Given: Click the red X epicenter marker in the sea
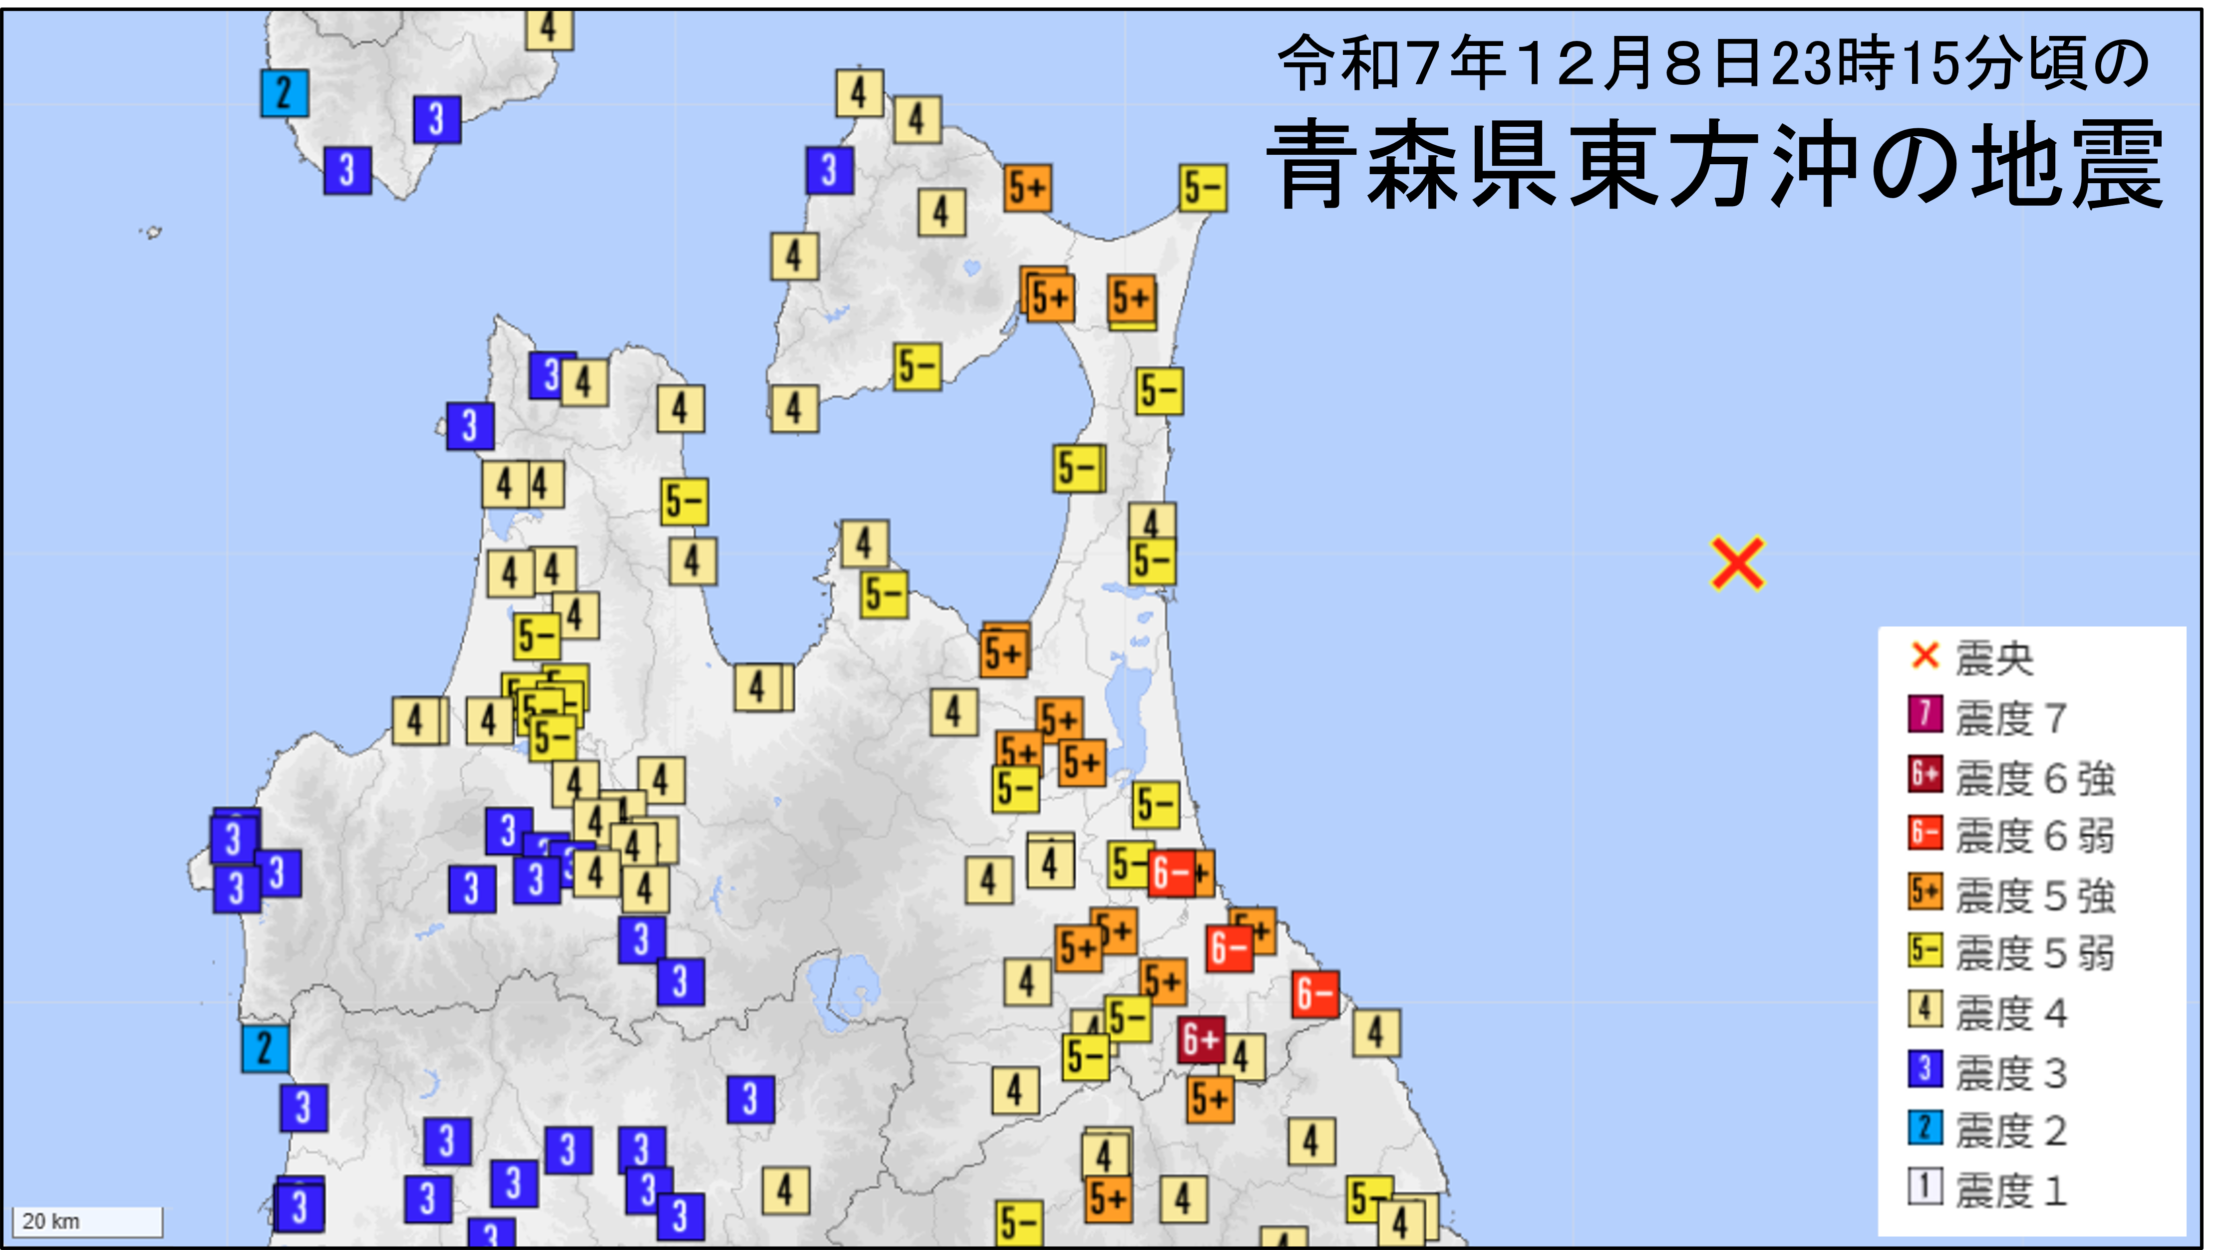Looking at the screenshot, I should tap(1737, 564).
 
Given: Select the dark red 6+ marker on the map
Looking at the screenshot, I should tap(1201, 1039).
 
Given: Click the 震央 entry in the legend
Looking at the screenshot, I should tap(1972, 658).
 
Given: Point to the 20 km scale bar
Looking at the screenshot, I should tap(86, 1222).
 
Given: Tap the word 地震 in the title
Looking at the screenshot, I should tap(2067, 164).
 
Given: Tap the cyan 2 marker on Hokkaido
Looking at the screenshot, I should tap(285, 92).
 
